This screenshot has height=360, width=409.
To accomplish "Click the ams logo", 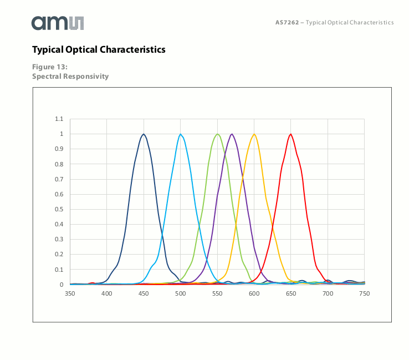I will (x=58, y=23).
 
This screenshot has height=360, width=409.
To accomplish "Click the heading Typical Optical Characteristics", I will (x=99, y=50).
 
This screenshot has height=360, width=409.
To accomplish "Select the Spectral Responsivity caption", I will (x=70, y=76).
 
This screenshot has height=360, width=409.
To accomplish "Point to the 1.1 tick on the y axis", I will (x=59, y=119).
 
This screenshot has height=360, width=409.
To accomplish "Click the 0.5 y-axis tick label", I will (x=59, y=209).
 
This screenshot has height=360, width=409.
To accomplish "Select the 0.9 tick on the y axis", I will (x=59, y=149).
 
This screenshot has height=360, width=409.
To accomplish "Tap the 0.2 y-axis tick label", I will (x=59, y=255).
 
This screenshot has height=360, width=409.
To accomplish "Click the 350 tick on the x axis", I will (x=70, y=293).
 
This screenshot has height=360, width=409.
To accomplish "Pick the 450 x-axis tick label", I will (x=144, y=293).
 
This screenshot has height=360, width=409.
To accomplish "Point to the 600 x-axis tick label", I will (x=254, y=293).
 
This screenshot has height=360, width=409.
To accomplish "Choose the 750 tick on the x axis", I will (x=364, y=293).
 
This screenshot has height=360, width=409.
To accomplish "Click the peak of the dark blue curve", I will (x=144, y=134).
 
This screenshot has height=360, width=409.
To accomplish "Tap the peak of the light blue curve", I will (x=181, y=134).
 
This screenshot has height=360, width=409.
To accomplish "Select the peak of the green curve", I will (x=218, y=134).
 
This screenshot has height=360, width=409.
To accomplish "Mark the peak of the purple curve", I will (x=232, y=134).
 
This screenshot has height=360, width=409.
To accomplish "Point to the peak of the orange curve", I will (x=254, y=134).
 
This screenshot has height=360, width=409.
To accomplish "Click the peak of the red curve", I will (x=290, y=134).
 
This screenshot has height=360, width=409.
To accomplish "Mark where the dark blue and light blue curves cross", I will (x=162, y=237).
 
